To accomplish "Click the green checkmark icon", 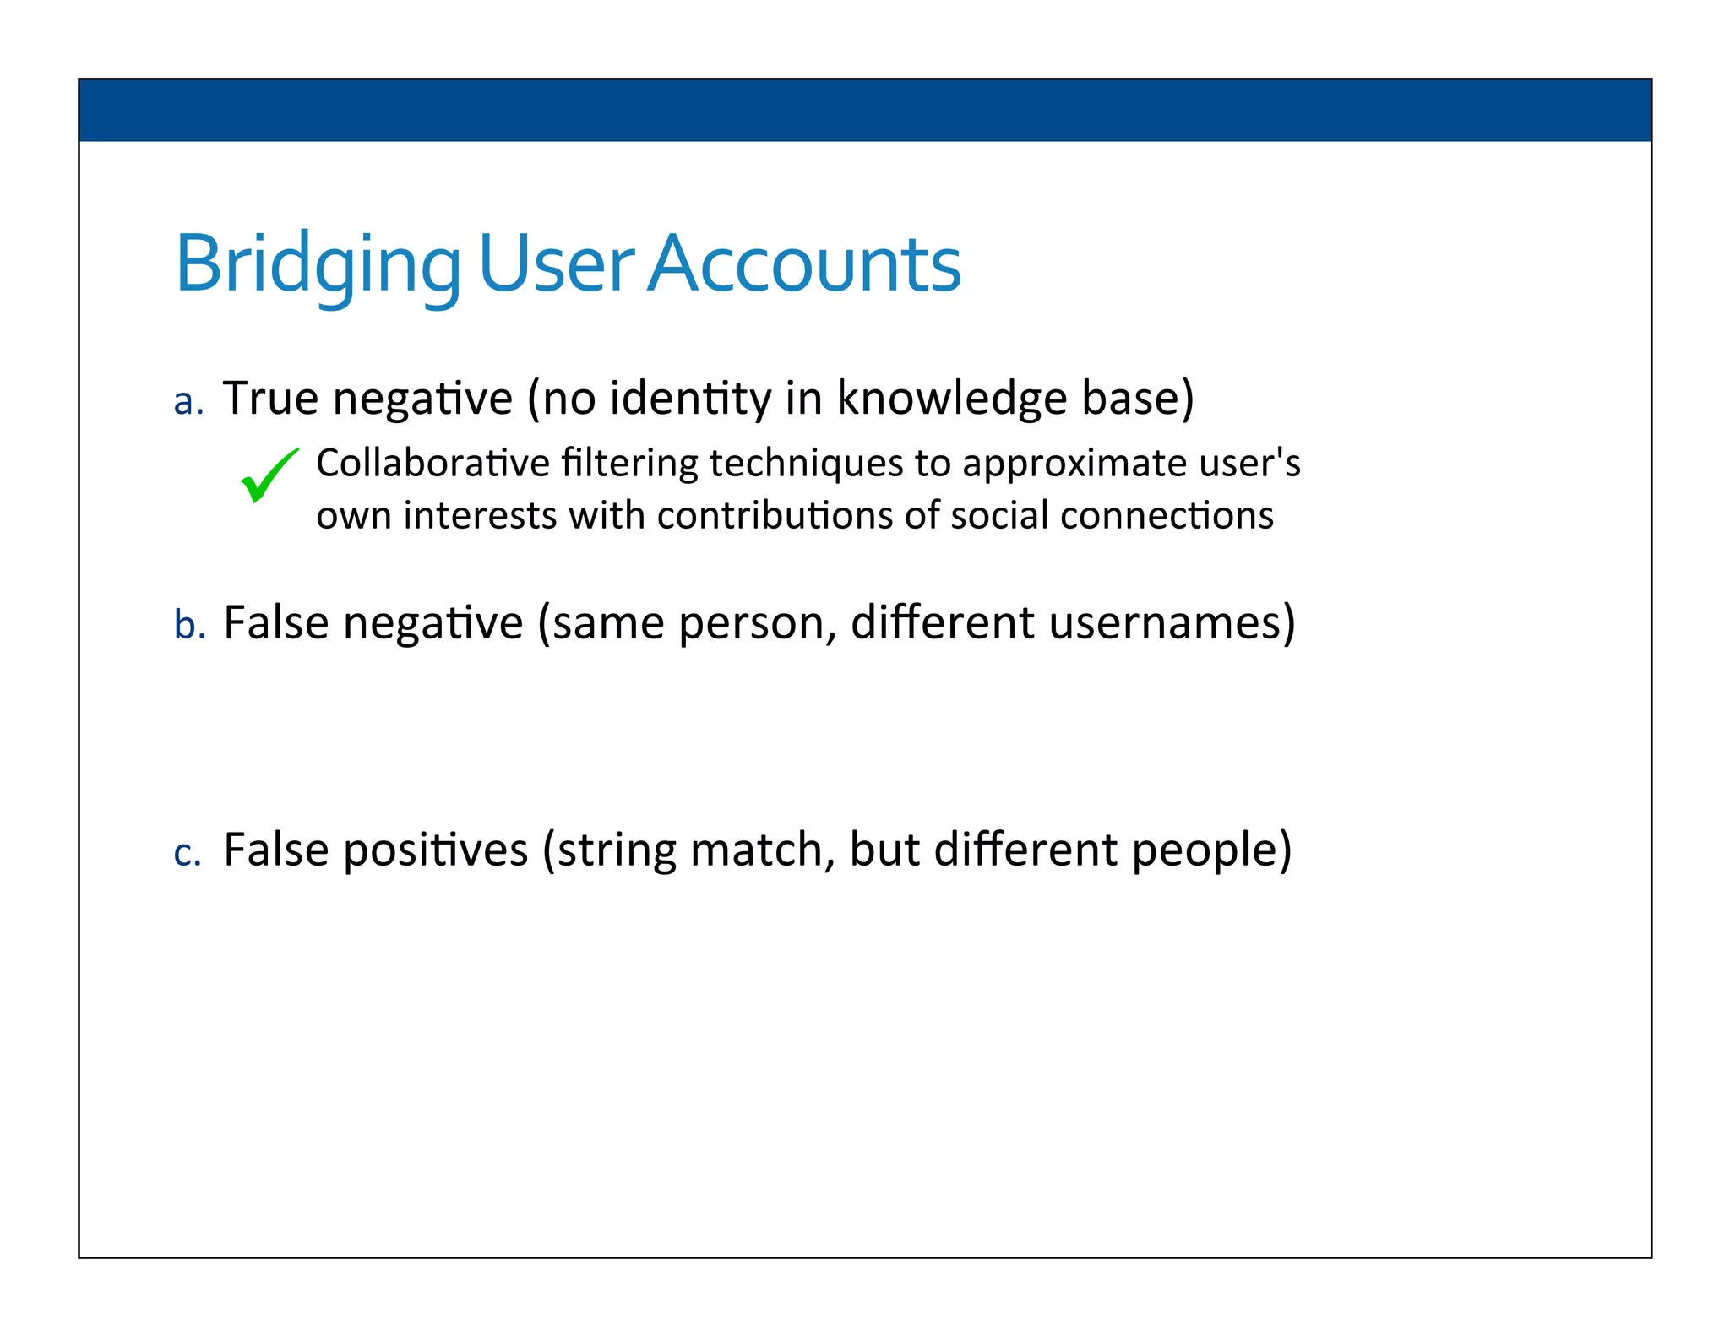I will coord(269,476).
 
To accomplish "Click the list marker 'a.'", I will coord(188,402).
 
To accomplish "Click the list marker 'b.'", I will coord(189,626).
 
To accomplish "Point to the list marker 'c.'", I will coord(188,853).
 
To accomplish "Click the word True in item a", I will coord(270,398).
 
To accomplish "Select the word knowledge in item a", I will coord(951,398).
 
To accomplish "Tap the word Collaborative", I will coord(432,463).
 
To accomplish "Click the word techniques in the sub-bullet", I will coord(806,463).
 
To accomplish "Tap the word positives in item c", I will coord(435,850).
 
